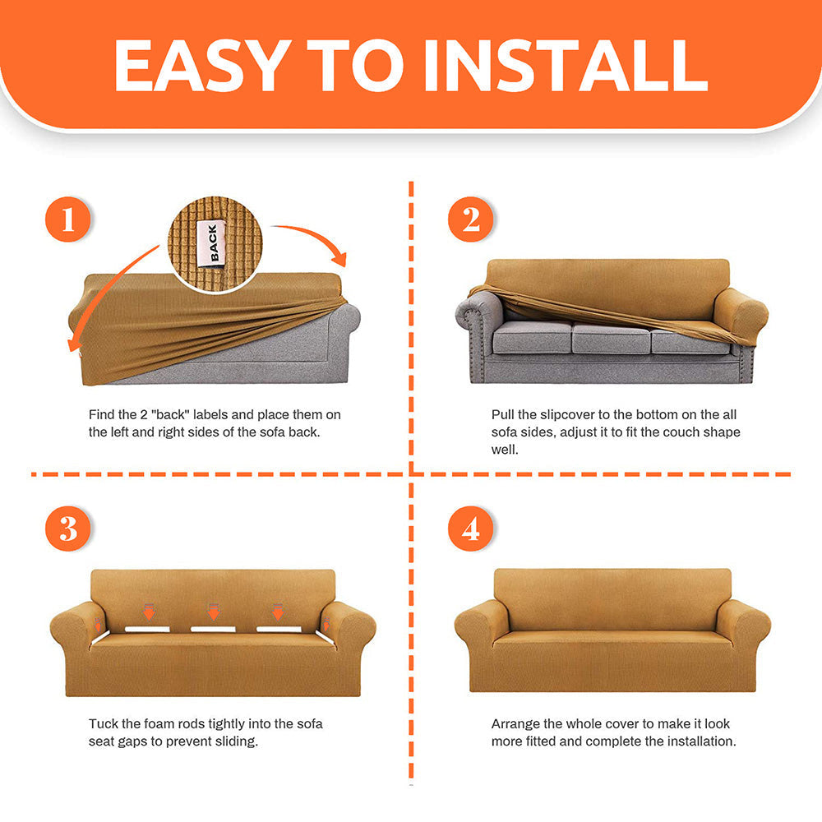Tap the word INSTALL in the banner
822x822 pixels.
click(566, 65)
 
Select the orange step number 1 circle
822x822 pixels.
click(68, 219)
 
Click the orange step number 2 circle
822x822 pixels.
click(471, 219)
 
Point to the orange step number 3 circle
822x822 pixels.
click(68, 529)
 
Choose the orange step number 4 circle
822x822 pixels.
click(471, 529)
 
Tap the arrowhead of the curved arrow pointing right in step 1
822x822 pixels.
click(339, 259)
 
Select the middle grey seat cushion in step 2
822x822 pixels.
click(612, 338)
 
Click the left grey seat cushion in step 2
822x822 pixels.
click(532, 337)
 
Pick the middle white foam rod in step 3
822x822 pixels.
click(213, 629)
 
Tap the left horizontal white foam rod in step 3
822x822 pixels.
click(147, 629)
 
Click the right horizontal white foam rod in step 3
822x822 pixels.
click(279, 629)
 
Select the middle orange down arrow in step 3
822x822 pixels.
click(214, 612)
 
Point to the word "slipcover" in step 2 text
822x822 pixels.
click(567, 415)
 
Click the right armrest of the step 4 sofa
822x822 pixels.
click(743, 624)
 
